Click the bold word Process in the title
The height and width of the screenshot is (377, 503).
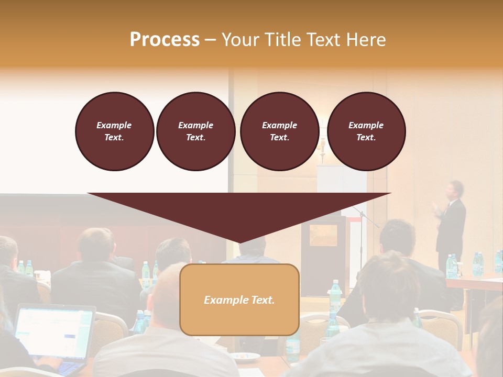(165, 40)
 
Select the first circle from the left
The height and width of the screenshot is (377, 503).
(114, 131)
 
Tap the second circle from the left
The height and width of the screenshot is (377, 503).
(195, 131)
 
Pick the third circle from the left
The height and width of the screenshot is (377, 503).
(279, 131)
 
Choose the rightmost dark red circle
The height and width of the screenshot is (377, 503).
(366, 131)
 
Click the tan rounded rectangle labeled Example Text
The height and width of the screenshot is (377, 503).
(239, 300)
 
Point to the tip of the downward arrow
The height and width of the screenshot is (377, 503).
(239, 242)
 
